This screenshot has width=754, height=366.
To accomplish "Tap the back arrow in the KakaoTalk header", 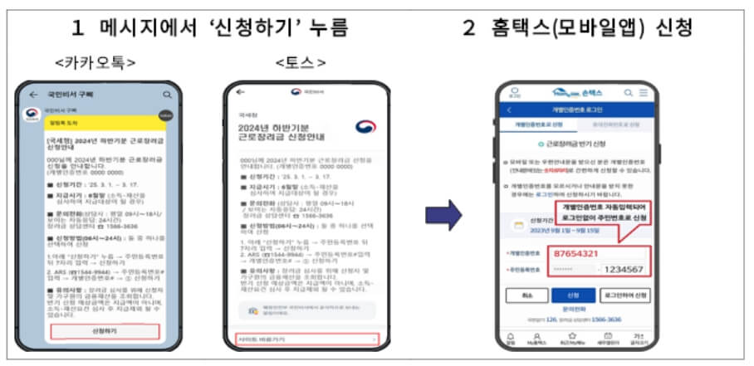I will coord(33,95).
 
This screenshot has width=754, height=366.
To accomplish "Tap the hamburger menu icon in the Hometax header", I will coord(643,93).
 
